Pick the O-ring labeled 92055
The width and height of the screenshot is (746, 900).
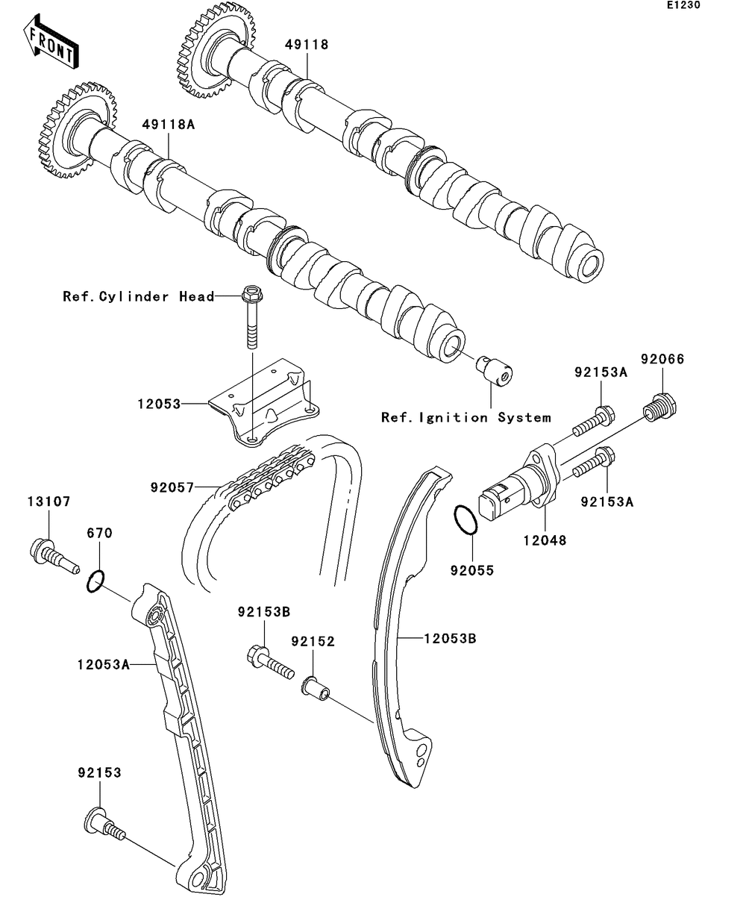(465, 519)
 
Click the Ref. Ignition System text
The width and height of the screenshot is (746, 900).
(466, 417)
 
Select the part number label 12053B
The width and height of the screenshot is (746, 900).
(450, 638)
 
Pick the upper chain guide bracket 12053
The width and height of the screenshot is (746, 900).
(265, 403)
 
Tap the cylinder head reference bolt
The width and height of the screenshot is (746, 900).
(251, 317)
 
